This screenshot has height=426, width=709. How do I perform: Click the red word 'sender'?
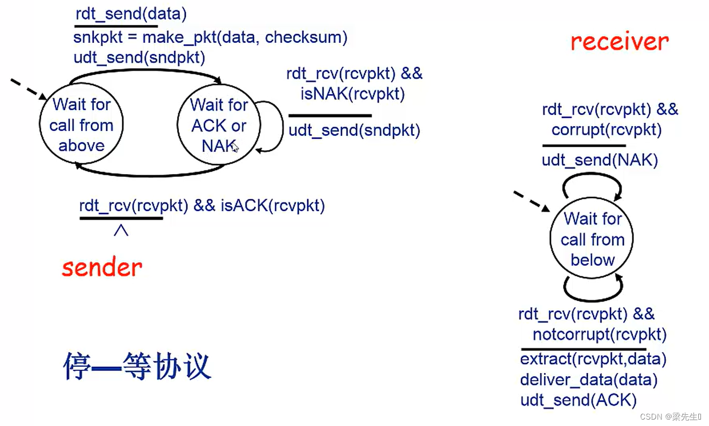[102, 267]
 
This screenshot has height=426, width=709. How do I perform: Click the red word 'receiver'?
[619, 41]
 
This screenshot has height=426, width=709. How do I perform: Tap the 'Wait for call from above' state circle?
[82, 125]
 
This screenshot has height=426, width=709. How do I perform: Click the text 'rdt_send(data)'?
[131, 14]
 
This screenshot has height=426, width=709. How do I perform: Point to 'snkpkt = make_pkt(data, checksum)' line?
[210, 37]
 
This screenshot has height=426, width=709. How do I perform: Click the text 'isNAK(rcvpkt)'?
[352, 94]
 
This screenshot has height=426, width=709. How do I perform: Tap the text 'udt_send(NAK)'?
[600, 160]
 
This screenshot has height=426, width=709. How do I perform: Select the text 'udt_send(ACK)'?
[578, 400]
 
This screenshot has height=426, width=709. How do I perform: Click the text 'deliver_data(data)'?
[588, 380]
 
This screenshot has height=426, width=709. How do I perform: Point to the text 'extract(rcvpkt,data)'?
[593, 359]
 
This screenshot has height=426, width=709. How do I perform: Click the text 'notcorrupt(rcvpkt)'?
[600, 335]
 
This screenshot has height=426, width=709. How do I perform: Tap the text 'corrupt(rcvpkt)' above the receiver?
[606, 130]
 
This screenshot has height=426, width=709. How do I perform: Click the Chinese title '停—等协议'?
[137, 367]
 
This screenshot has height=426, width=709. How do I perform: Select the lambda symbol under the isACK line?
[121, 230]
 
